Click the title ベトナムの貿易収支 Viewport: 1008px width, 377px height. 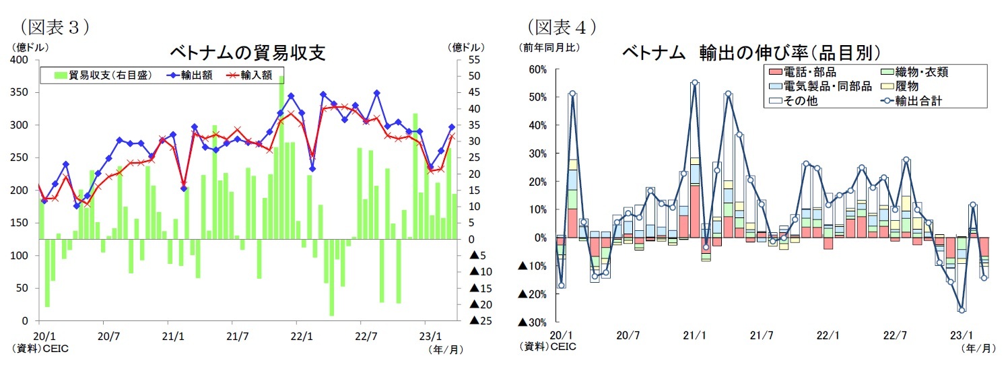[246, 53]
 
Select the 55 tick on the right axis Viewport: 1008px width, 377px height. [474, 60]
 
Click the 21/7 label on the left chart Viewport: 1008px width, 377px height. [238, 335]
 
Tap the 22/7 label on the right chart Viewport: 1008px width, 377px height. [894, 335]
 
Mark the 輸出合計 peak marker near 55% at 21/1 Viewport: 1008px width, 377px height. [694, 83]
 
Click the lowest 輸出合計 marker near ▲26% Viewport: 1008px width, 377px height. [962, 310]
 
